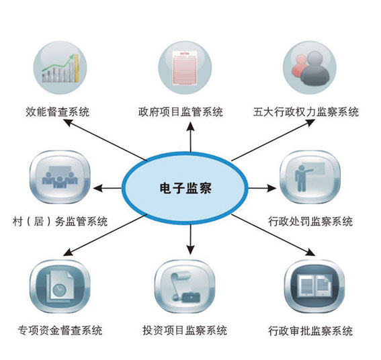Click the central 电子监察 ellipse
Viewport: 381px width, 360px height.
click(185, 188)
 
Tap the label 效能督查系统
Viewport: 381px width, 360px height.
click(58, 112)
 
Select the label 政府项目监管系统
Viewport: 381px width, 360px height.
click(181, 112)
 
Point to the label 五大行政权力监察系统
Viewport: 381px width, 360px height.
click(306, 112)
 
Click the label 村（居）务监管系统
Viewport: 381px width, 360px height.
click(60, 221)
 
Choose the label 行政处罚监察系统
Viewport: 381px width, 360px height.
click(310, 221)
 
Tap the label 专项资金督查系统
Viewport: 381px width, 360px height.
click(60, 330)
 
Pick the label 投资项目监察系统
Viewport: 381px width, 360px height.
click(185, 330)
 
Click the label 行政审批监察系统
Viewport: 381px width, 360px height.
click(310, 330)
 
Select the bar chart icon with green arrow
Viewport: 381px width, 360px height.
click(60, 67)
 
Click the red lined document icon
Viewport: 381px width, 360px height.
click(185, 67)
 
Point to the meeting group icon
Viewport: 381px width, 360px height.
click(60, 177)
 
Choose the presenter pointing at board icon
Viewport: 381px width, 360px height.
click(310, 177)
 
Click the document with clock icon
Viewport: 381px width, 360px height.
click(60, 286)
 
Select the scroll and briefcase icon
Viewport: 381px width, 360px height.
click(185, 286)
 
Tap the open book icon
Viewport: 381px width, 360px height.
click(314, 286)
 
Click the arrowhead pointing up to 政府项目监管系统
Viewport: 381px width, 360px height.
click(191, 126)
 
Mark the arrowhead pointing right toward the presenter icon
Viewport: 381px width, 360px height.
click(271, 188)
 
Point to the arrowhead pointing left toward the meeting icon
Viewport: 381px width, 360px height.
click(97, 188)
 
